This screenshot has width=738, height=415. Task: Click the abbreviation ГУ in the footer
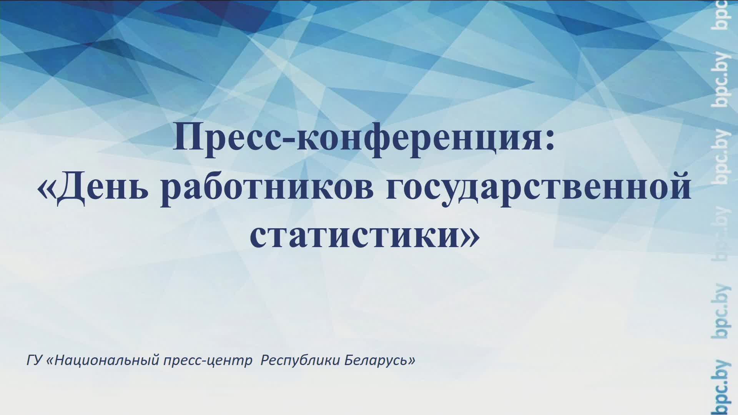point(34,360)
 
